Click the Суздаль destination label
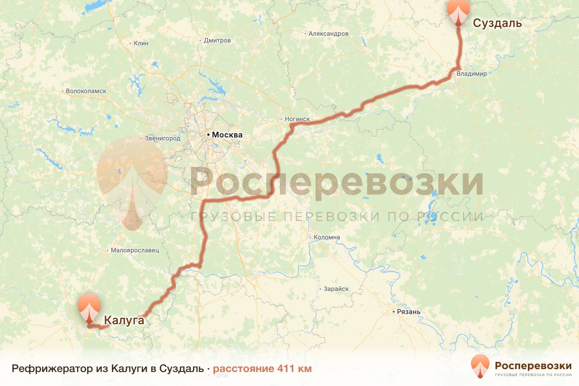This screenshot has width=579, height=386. tap(497, 23)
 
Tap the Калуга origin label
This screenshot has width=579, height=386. tap(124, 320)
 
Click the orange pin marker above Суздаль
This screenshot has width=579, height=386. tap(458, 12)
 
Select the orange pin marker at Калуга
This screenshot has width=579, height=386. tap(90, 307)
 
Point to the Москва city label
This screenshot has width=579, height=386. tap(227, 135)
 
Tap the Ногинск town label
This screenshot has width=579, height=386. tap(298, 119)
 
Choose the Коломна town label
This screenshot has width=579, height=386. tap(327, 237)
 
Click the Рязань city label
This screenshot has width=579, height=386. tap(409, 312)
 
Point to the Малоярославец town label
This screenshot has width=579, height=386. tap(135, 250)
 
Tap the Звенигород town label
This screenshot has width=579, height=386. tap(163, 138)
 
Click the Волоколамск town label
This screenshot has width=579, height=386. tap(86, 91)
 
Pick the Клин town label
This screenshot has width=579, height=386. tap(141, 43)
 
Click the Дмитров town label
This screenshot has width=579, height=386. tap(217, 41)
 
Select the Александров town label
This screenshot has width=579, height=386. tap(328, 34)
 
